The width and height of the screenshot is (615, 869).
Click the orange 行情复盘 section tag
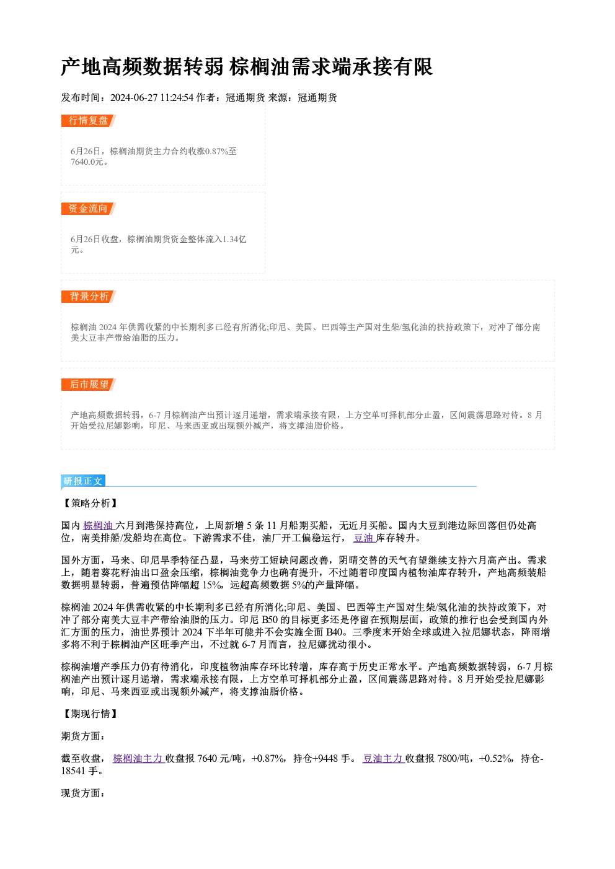tap(89, 121)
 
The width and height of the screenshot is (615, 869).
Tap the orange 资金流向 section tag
tap(89, 209)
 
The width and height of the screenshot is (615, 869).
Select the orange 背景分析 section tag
tap(89, 297)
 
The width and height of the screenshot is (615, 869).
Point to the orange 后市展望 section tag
tap(89, 385)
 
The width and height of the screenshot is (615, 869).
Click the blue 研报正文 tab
tap(83, 481)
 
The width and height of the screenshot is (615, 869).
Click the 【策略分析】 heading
tap(90, 504)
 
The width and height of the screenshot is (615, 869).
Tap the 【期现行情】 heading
tap(90, 714)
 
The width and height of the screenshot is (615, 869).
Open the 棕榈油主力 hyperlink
tap(139, 758)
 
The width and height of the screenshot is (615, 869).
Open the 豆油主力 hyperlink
tap(384, 758)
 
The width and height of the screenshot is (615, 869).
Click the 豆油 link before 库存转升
tap(364, 538)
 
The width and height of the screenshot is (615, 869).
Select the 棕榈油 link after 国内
tap(99, 526)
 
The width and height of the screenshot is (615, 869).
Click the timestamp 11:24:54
tap(177, 98)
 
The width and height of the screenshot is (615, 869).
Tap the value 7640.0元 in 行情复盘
tap(87, 162)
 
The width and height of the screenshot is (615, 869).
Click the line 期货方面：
tap(83, 736)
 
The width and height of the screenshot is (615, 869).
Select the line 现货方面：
tap(83, 793)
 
